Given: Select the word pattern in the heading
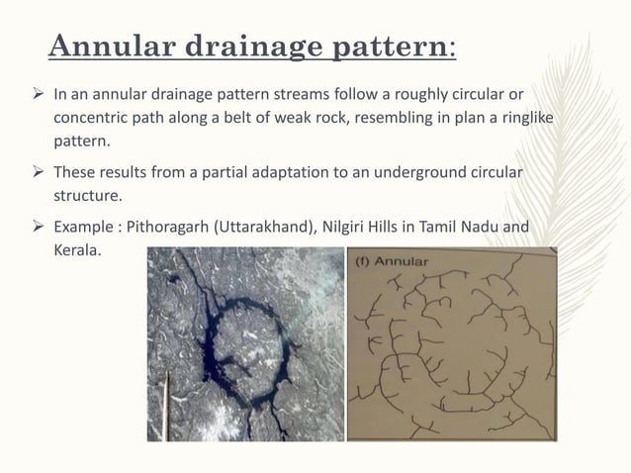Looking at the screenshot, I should pos(389,47).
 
